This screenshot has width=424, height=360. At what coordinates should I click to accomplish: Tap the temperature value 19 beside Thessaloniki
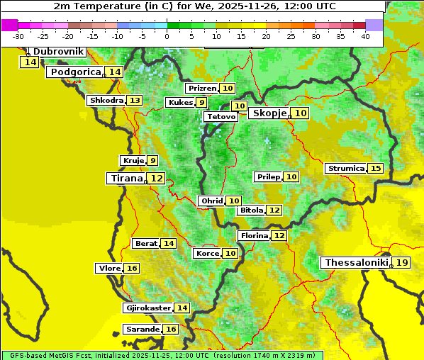tap(402, 263)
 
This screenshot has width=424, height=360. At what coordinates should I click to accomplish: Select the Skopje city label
tap(269, 113)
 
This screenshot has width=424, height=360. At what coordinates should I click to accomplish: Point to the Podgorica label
tap(75, 72)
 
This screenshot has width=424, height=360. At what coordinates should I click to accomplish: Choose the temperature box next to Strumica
tap(375, 169)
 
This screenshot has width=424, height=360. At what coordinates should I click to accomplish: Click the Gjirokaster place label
tap(147, 308)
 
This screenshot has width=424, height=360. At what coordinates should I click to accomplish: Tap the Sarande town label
tap(142, 330)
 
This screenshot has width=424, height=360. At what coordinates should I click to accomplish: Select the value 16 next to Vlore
tap(132, 269)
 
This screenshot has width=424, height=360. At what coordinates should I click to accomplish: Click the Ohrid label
tap(211, 201)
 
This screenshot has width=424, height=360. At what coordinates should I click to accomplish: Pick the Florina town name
tap(254, 235)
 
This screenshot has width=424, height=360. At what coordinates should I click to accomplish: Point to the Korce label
tap(207, 254)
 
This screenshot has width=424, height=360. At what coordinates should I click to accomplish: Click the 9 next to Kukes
tap(202, 103)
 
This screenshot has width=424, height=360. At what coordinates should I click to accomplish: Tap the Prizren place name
tap(201, 89)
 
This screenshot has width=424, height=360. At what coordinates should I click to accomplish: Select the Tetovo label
tap(221, 116)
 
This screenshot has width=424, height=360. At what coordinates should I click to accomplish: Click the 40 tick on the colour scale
tap(365, 35)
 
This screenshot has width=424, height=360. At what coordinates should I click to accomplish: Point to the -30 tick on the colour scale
tap(18, 35)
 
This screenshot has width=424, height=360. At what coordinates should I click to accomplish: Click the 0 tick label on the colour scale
tap(167, 35)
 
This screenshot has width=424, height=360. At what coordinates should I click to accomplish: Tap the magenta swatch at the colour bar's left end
tap(10, 25)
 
